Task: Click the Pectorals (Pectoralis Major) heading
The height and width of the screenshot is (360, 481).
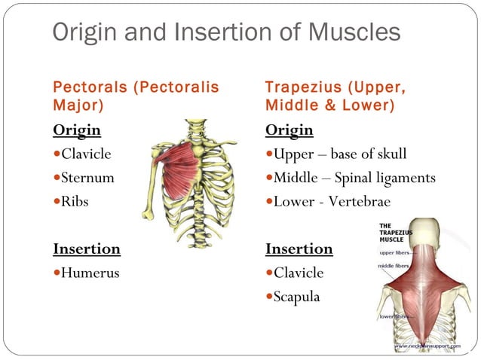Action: pos(136,96)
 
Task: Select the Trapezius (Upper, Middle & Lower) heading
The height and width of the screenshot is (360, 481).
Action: pos(335,96)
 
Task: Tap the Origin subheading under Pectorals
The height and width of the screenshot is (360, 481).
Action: pos(77,130)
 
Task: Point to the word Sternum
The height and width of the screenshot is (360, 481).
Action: pos(85,178)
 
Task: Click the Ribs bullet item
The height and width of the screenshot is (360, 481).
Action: pos(75,201)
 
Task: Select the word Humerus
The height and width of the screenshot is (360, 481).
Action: pos(90,273)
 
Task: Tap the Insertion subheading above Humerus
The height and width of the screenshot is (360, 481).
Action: pos(87,249)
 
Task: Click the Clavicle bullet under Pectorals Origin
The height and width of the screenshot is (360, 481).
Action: pos(85,154)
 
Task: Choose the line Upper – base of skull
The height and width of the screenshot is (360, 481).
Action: pos(340,154)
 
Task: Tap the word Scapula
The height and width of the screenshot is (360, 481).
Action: pos(296,297)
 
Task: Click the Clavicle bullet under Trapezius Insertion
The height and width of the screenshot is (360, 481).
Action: pos(299,273)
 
